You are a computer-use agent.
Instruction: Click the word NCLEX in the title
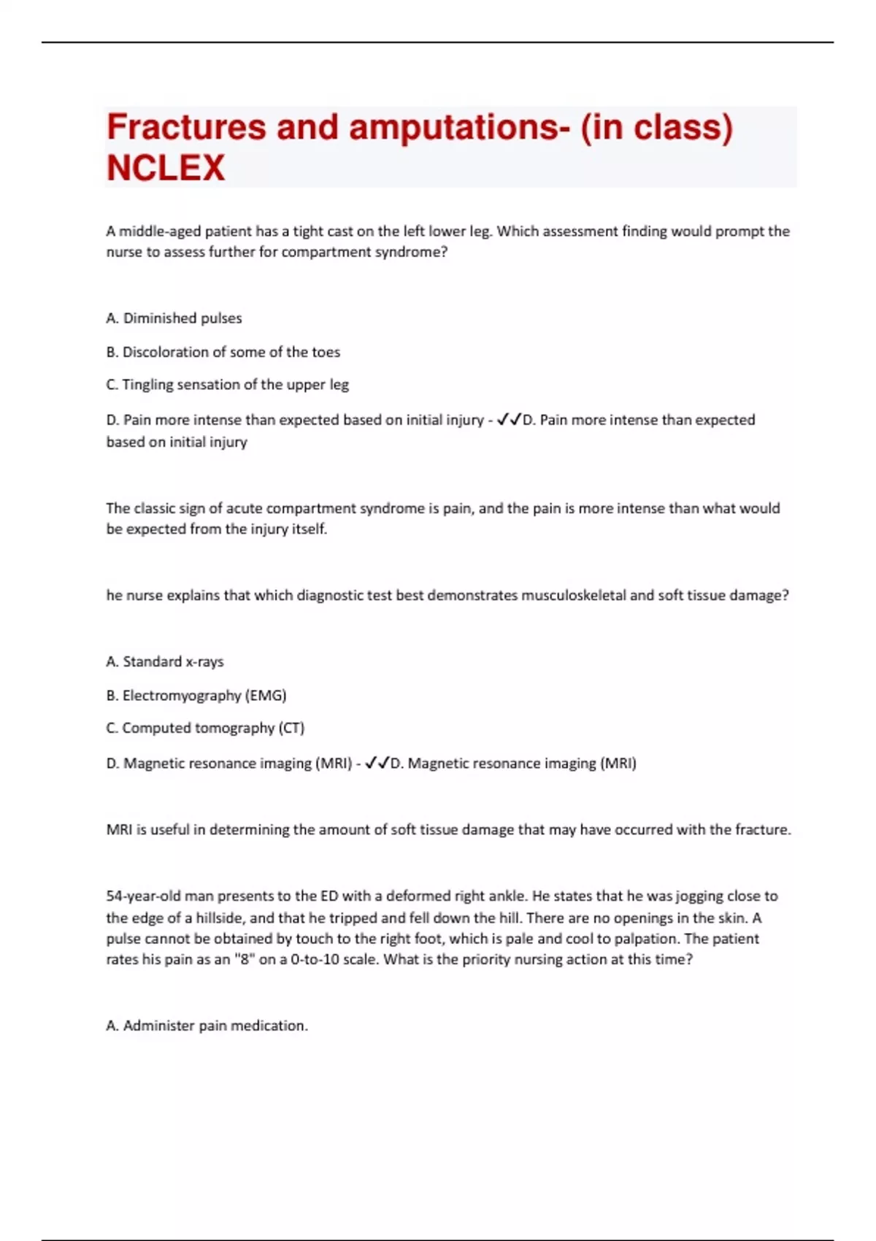coord(166,168)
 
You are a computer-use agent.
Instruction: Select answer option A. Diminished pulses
coord(174,318)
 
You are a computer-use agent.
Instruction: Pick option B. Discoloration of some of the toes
coord(223,352)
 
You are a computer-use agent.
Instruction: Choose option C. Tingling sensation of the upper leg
coord(227,385)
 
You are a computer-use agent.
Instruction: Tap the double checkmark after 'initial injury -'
coord(509,420)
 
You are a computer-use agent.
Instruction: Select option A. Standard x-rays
coord(165,661)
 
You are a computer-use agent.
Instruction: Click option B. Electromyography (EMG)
coord(196,695)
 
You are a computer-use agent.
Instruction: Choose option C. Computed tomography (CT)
coord(205,728)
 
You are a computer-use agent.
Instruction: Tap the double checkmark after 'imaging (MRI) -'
coord(377,763)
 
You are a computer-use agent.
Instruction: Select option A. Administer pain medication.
coord(207,1026)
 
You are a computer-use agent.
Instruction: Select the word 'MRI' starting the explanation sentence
coord(119,829)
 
